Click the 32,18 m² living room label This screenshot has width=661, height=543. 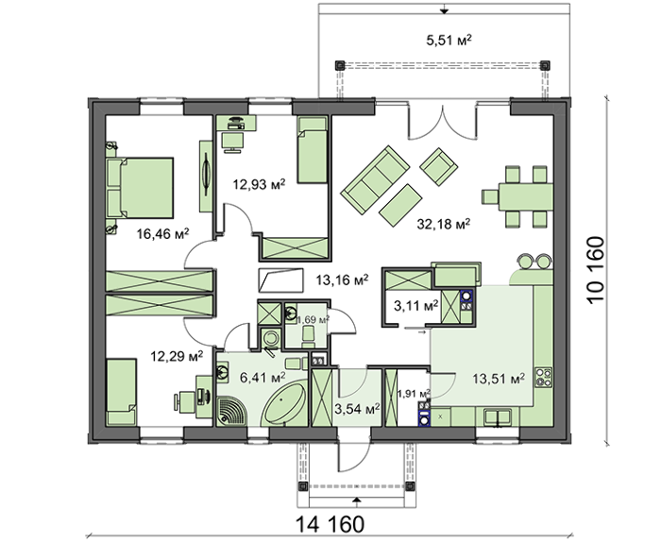pyautogui.click(x=444, y=224)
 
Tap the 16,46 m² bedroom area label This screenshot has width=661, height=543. pyautogui.click(x=162, y=233)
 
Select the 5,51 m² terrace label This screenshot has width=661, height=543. pyautogui.click(x=449, y=40)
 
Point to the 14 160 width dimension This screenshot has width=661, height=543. pyautogui.click(x=330, y=524)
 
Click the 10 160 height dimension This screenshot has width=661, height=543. pyautogui.click(x=595, y=270)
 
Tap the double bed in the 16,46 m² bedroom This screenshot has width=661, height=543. pyautogui.click(x=140, y=188)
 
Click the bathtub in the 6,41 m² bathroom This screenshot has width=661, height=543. pyautogui.click(x=283, y=405)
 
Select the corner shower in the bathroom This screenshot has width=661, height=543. pyautogui.click(x=230, y=411)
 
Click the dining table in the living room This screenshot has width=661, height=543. pyautogui.click(x=525, y=196)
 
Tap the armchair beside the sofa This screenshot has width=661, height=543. pyautogui.click(x=439, y=165)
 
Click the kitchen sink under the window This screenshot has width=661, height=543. pyautogui.click(x=497, y=417)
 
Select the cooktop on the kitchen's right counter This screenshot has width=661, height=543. pyautogui.click(x=543, y=378)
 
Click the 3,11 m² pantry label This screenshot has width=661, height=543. pyautogui.click(x=416, y=306)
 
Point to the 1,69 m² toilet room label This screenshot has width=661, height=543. pyautogui.click(x=313, y=320)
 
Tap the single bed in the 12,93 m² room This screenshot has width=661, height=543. pyautogui.click(x=313, y=149)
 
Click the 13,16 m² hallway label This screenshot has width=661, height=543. pyautogui.click(x=342, y=280)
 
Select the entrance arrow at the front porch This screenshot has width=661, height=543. pyautogui.click(x=357, y=500)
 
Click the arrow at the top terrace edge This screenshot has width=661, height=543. pyautogui.click(x=444, y=9)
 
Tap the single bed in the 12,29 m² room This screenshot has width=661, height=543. pyautogui.click(x=122, y=392)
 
